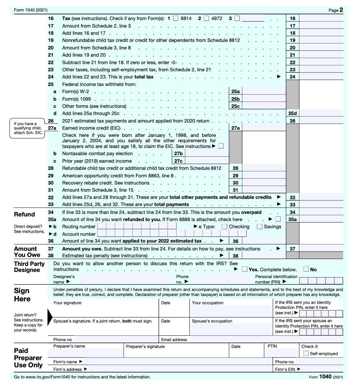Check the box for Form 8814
[x=175, y=18]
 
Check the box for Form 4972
[x=206, y=18]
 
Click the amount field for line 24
[x=321, y=77]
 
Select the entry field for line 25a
[x=264, y=92]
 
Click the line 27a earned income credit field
[x=264, y=128]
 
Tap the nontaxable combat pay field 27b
[x=207, y=154]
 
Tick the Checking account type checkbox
[x=224, y=226]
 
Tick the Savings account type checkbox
[x=260, y=226]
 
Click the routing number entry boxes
[x=137, y=226]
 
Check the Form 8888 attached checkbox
[x=278, y=219]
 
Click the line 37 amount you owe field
[x=321, y=249]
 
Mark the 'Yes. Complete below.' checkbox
[x=245, y=269]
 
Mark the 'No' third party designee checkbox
[x=306, y=269]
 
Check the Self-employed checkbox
[x=306, y=353]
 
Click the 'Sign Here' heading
[x=22, y=295]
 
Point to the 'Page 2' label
[x=336, y=10]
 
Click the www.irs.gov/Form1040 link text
[x=48, y=377]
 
